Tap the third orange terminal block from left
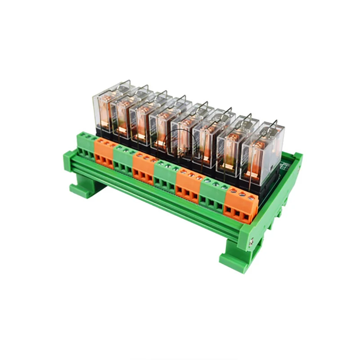(x=188, y=185)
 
